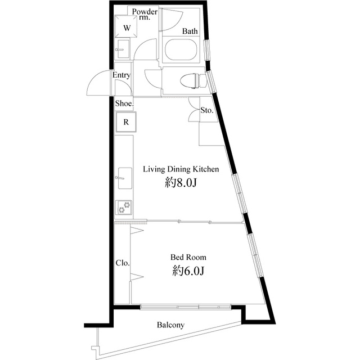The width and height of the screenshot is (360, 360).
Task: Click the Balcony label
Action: click(170, 325)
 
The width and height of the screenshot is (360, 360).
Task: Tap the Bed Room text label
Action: click(188, 257)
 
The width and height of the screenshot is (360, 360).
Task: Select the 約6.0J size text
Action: click(188, 271)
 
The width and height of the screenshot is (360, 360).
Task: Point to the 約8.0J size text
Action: click(181, 183)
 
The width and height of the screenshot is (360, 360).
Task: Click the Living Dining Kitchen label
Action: click(181, 169)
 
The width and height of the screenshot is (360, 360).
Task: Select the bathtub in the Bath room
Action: click(181, 50)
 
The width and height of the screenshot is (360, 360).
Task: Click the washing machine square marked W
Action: click(126, 26)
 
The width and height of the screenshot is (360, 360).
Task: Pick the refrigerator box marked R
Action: click(126, 122)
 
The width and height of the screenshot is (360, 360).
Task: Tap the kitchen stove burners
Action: click(124, 208)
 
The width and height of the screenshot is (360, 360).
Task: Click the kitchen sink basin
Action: click(125, 178)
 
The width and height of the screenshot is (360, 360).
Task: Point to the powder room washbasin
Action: click(123, 49)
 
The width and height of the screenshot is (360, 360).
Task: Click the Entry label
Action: click(121, 75)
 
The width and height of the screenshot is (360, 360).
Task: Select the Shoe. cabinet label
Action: click(124, 103)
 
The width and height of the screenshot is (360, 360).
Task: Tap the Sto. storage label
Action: click(207, 110)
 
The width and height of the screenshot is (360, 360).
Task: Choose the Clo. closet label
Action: click(123, 263)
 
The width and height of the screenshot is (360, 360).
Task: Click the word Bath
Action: click(190, 31)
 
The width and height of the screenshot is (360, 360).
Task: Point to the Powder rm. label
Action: click(145, 14)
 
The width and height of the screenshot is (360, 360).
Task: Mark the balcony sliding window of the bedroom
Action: click(186, 307)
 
